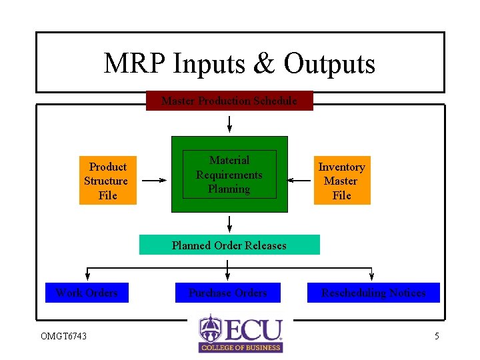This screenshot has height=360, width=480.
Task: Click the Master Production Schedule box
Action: (229, 101)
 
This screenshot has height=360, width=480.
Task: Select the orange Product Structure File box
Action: (107, 181)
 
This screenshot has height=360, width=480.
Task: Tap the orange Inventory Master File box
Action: (341, 181)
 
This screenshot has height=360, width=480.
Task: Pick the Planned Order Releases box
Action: (229, 245)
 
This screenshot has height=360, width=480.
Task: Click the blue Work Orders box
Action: (87, 293)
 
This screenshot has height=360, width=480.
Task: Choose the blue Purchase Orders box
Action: (228, 293)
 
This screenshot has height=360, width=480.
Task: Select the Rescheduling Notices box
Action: (373, 293)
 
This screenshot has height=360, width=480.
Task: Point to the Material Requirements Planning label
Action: (229, 175)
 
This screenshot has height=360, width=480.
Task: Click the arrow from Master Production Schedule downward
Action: (229, 124)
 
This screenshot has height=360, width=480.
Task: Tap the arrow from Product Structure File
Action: (155, 180)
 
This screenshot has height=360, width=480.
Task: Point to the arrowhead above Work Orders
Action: (87, 277)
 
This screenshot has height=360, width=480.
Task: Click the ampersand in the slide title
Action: (264, 64)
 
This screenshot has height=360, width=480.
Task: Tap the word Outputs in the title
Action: (329, 64)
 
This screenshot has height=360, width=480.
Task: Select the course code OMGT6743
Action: (63, 336)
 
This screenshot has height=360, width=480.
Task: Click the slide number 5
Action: (437, 336)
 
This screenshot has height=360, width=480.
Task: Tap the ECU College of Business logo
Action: (241, 333)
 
